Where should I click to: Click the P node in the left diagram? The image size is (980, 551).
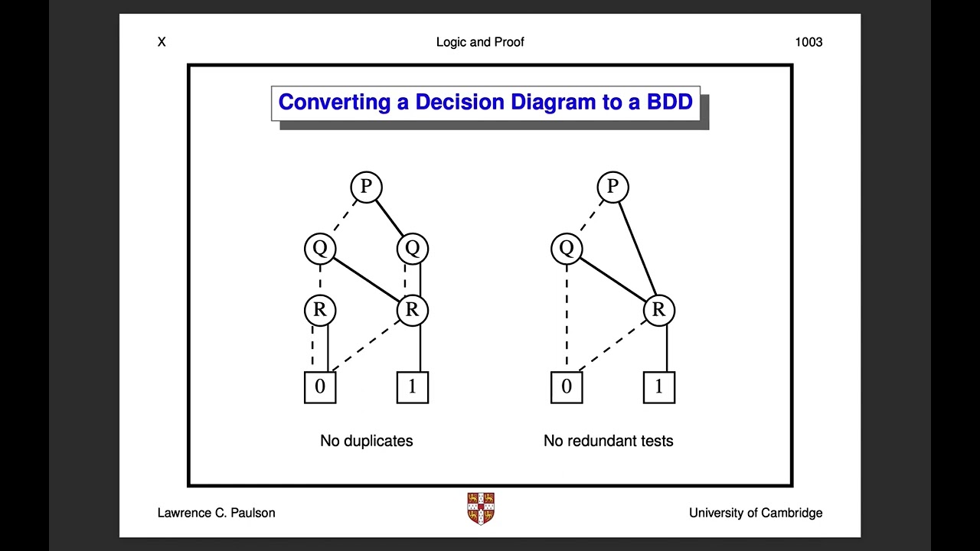point(366,187)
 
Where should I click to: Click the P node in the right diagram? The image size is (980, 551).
point(612,187)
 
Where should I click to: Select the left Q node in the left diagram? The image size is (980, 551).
point(320,248)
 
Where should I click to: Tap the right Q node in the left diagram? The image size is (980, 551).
point(413,248)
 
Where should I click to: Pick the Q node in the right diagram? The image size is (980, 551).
point(567,248)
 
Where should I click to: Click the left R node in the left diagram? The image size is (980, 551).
point(320,310)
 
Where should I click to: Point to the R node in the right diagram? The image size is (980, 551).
point(658,310)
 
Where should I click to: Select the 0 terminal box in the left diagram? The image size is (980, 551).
point(320,387)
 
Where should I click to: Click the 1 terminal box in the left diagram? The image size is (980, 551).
point(413,387)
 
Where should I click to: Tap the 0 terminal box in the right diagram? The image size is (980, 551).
point(567,387)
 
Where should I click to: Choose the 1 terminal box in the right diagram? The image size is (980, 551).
point(658,387)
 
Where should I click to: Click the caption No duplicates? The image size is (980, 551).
point(366,441)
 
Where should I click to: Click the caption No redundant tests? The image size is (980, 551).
point(608,441)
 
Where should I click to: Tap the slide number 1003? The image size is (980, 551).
point(808,42)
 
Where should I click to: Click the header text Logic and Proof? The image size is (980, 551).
point(480,42)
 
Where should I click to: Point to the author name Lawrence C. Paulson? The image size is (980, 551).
point(216,513)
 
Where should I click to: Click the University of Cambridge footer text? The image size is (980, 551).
point(756,513)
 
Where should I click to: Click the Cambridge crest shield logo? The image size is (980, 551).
point(481,508)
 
